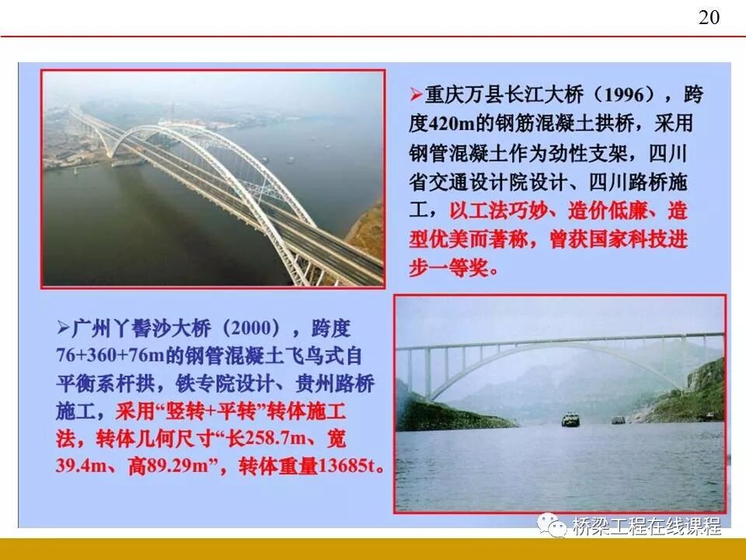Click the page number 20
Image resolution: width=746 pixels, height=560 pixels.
click(709, 18)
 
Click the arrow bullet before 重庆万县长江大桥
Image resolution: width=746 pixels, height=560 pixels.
click(416, 96)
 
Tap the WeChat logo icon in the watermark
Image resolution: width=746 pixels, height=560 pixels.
click(554, 526)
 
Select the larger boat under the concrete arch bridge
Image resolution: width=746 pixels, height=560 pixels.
click(571, 420)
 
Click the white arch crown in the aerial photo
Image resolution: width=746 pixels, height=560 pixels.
click(200, 130)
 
